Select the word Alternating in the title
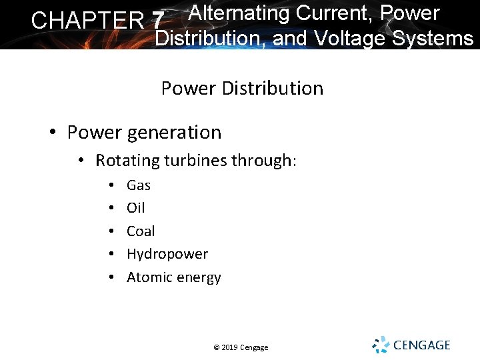239,13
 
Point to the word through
264,161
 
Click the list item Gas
139,185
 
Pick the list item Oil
135,208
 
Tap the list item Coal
141,231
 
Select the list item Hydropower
167,254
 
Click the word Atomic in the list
148,277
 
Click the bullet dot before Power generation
53,133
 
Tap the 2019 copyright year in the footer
228,347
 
